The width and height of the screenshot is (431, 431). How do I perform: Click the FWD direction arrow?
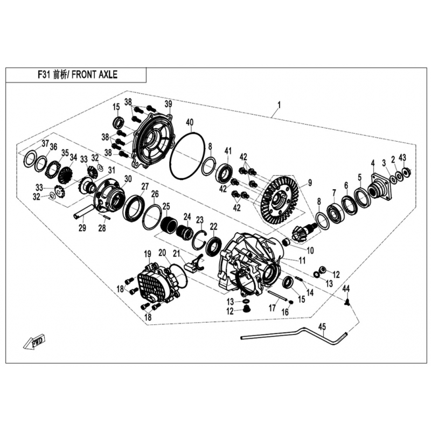[34, 342]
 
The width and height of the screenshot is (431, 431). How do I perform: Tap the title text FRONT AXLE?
[95, 75]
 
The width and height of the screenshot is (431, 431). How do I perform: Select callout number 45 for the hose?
[322, 327]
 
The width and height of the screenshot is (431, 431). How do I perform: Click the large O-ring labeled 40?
[187, 156]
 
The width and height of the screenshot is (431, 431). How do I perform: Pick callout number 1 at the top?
[279, 105]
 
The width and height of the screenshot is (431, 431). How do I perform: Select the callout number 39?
[168, 104]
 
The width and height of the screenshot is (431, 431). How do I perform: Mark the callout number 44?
[346, 289]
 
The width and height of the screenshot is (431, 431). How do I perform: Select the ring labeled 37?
[30, 158]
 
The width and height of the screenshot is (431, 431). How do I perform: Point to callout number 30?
[128, 179]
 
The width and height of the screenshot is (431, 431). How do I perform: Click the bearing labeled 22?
[213, 244]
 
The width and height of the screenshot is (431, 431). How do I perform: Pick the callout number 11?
[302, 261]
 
